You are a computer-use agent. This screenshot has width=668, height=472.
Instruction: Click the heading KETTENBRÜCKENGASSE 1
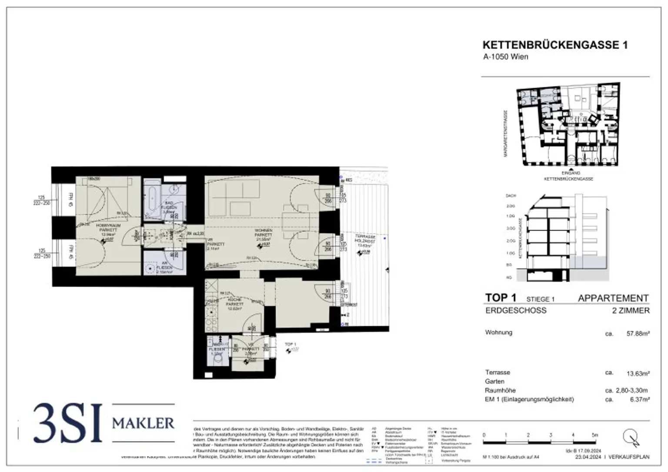[555, 45]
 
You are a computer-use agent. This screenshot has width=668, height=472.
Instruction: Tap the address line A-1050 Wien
[505, 57]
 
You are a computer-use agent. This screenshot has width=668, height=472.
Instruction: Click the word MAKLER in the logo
[143, 423]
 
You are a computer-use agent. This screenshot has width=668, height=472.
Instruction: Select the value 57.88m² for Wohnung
[638, 334]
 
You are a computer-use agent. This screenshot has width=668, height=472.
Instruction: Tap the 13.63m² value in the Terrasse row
[638, 373]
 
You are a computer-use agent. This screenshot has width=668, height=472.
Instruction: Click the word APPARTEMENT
[613, 298]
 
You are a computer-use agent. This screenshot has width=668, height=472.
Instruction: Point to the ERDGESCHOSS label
[516, 311]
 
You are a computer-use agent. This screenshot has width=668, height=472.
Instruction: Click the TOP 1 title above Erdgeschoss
[501, 298]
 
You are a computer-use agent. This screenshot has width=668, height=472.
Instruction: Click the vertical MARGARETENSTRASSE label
[506, 133]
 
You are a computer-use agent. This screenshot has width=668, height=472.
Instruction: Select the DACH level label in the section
[511, 196]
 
